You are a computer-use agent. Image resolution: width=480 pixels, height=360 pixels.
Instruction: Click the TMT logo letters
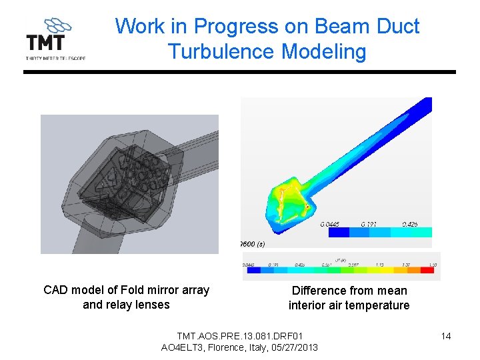[x=45, y=43]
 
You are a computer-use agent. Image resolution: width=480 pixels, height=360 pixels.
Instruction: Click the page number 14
[x=446, y=336]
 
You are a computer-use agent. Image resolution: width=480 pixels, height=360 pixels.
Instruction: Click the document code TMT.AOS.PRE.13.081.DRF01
[x=239, y=335]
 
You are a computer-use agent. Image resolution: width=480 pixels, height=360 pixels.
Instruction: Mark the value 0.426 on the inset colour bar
[x=410, y=225]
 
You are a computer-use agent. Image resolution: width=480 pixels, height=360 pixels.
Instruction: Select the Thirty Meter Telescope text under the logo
[x=55, y=58]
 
